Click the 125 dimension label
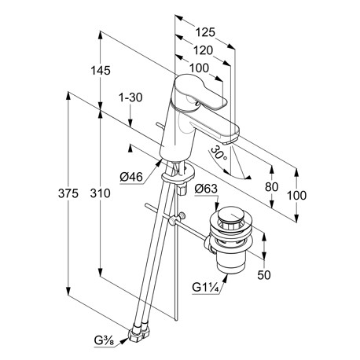(205, 32)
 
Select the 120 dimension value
(203, 50)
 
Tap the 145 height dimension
(101, 71)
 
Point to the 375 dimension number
(68, 193)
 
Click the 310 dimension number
(101, 193)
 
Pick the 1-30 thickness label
(130, 97)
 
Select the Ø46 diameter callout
(131, 178)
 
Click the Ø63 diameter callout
(206, 189)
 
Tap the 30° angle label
(219, 154)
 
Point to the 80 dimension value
(271, 187)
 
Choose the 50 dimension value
(264, 275)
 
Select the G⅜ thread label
(105, 341)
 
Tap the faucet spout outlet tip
(227, 142)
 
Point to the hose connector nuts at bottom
(139, 332)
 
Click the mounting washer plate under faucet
(178, 175)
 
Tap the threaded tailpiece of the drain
(230, 263)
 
